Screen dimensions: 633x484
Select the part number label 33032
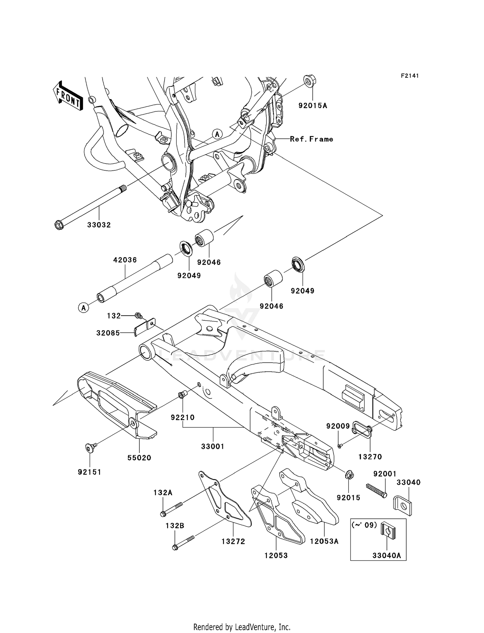tap(99, 225)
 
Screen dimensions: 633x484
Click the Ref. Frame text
tap(311, 139)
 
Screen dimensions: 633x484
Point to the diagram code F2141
tap(410, 76)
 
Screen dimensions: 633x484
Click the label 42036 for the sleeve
tap(125, 260)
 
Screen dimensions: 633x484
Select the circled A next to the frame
tap(217, 134)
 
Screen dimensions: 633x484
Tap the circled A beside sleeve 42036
tap(84, 308)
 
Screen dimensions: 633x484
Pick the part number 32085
tap(108, 333)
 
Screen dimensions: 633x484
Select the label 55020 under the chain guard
tap(139, 457)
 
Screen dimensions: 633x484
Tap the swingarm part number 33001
tap(213, 447)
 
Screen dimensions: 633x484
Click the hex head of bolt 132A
tap(163, 513)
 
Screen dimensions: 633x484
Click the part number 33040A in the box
tap(387, 556)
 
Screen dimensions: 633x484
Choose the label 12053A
tap(324, 541)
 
